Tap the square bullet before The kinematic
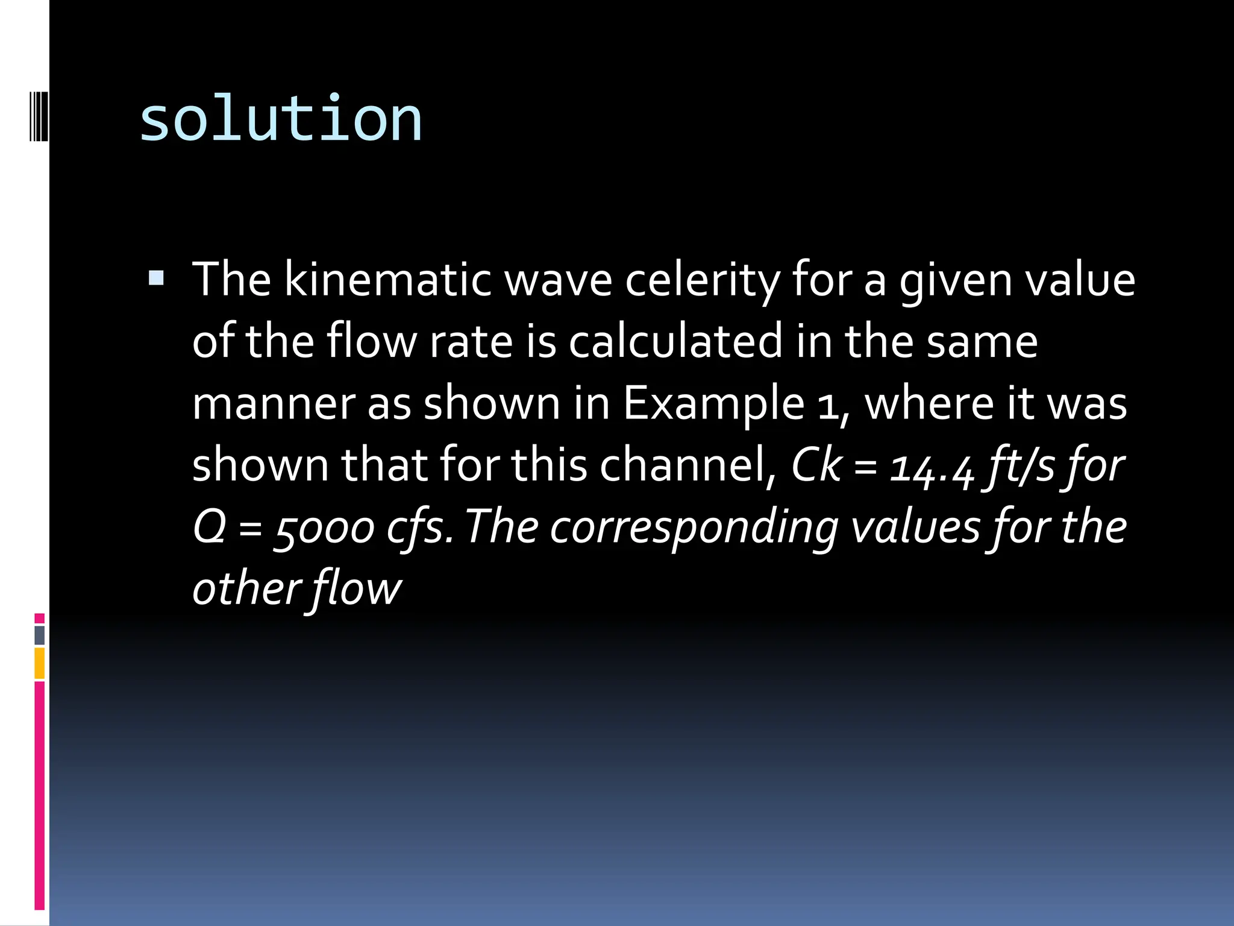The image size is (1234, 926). (x=155, y=278)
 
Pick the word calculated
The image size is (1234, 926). (x=676, y=341)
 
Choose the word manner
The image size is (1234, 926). (x=273, y=404)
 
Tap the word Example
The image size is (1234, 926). (x=713, y=404)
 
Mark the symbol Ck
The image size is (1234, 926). (x=816, y=465)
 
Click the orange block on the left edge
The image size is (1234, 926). (x=40, y=663)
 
